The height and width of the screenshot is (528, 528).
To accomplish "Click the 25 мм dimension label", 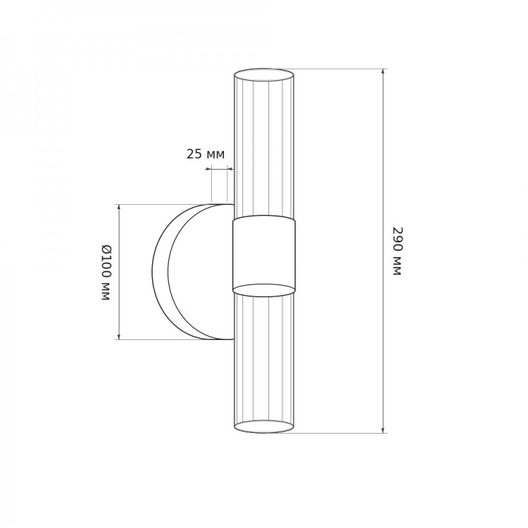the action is tap(206, 154).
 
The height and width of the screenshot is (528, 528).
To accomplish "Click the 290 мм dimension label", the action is tap(398, 251).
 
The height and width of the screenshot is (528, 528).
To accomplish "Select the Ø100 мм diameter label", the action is tap(106, 272).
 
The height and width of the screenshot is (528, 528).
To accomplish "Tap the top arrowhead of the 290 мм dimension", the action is tap(383, 71).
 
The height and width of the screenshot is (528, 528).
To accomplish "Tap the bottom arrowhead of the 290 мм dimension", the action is tap(383, 430).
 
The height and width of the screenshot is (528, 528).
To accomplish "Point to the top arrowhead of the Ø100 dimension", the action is tap(118, 207).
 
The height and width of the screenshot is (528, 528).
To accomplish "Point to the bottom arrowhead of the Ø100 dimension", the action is tap(118, 337).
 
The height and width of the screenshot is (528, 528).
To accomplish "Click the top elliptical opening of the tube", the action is tap(264, 75).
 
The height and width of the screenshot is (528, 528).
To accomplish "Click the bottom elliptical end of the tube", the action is tap(264, 427).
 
